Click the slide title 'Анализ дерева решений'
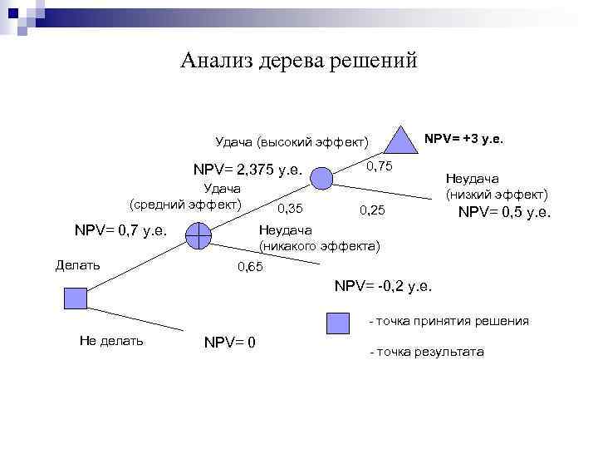pos(299,61)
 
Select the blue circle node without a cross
pos(322,176)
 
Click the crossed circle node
pos(199,236)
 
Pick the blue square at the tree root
pos(74,298)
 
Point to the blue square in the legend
pos(337,321)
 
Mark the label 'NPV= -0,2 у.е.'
pos(383,286)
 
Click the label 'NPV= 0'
pos(229,342)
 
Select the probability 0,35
pos(290,207)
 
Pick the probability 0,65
pos(250,267)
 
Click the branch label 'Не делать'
pos(111,340)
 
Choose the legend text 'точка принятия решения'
pos(453,321)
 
